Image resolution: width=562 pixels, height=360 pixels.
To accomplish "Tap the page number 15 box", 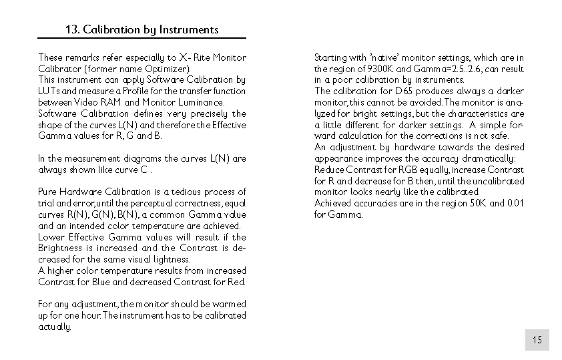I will pyautogui.click(x=537, y=340).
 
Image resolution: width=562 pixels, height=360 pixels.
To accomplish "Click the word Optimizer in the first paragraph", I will pyautogui.click(x=169, y=69).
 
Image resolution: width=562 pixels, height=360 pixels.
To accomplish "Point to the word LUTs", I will pyautogui.click(x=49, y=91).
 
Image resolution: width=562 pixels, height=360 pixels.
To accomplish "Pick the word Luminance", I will pyautogui.click(x=200, y=102).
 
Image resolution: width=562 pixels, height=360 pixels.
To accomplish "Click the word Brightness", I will pyautogui.click(x=60, y=248).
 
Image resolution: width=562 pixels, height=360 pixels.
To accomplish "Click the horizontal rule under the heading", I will pyautogui.click(x=142, y=39).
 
